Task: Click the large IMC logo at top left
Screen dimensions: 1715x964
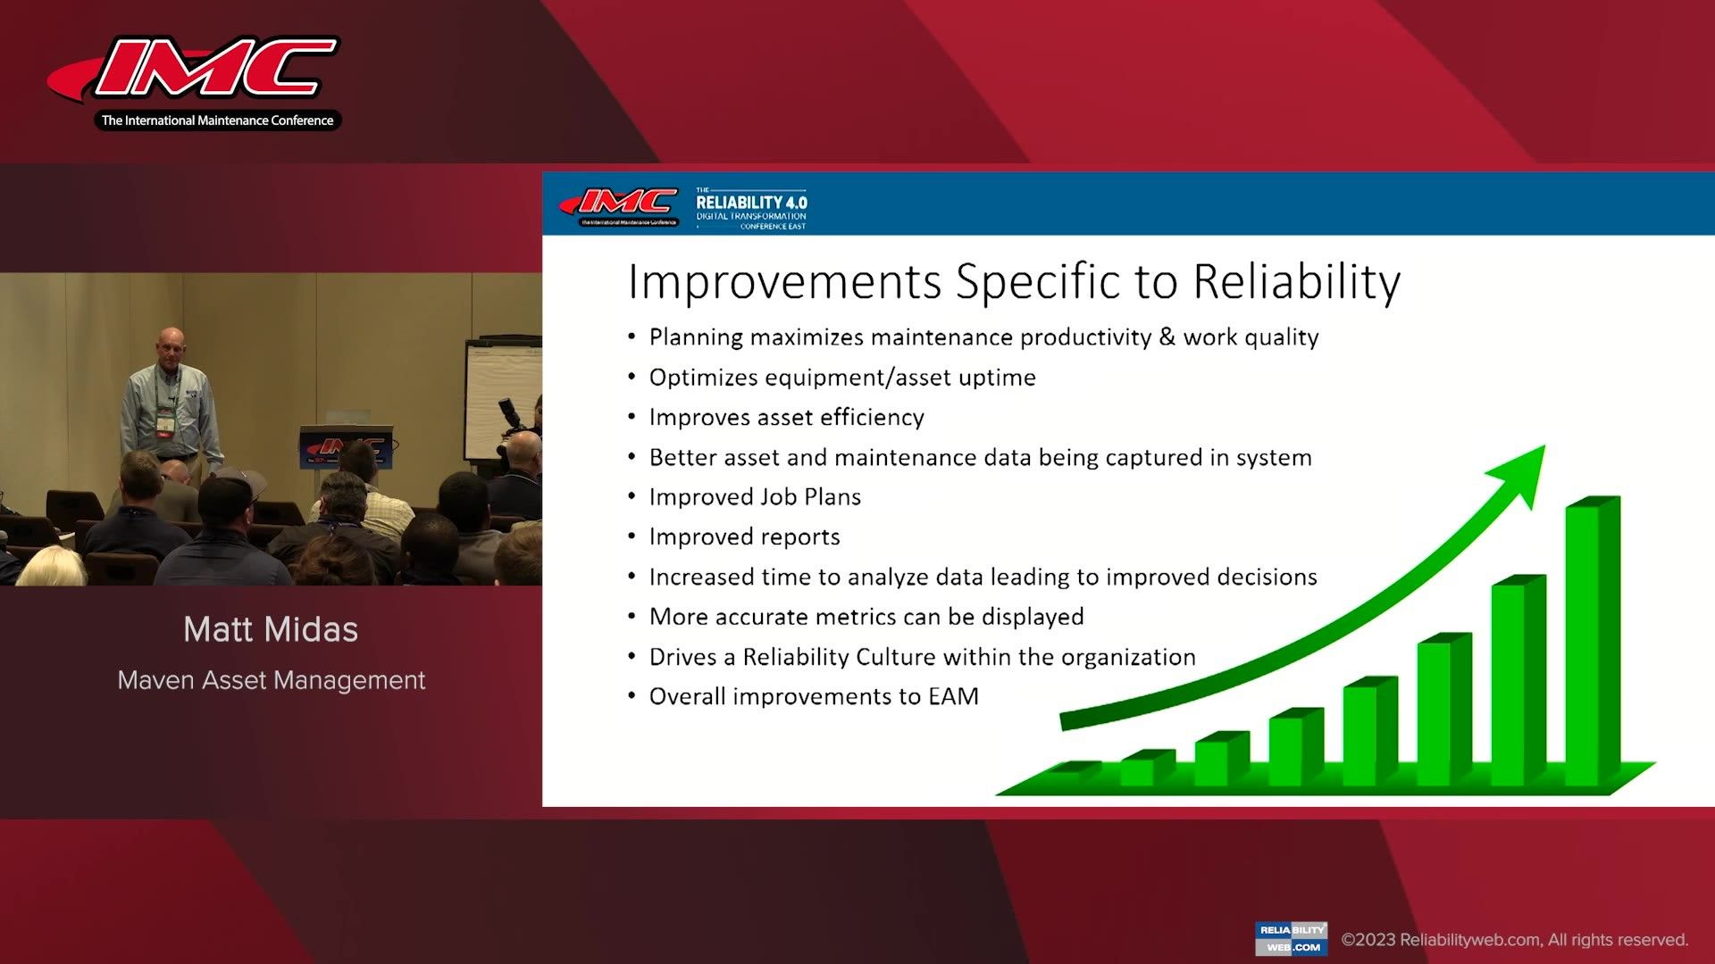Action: coord(194,83)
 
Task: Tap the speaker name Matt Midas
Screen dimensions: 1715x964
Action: coord(271,629)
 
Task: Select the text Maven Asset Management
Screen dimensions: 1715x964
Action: coord(272,680)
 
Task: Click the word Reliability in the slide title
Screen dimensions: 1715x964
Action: coord(1297,283)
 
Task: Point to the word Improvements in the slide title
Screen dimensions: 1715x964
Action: coord(785,283)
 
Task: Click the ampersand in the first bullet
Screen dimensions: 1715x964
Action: coord(1167,337)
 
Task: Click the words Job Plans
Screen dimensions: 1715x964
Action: coord(810,497)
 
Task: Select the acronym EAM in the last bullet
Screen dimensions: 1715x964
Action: coord(953,696)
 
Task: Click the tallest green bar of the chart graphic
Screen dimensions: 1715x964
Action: coord(1593,641)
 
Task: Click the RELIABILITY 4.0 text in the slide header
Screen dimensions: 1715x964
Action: coord(751,203)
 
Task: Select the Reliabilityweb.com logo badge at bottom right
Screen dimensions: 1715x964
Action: coord(1291,939)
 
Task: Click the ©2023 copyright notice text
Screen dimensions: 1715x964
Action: coord(1515,940)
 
